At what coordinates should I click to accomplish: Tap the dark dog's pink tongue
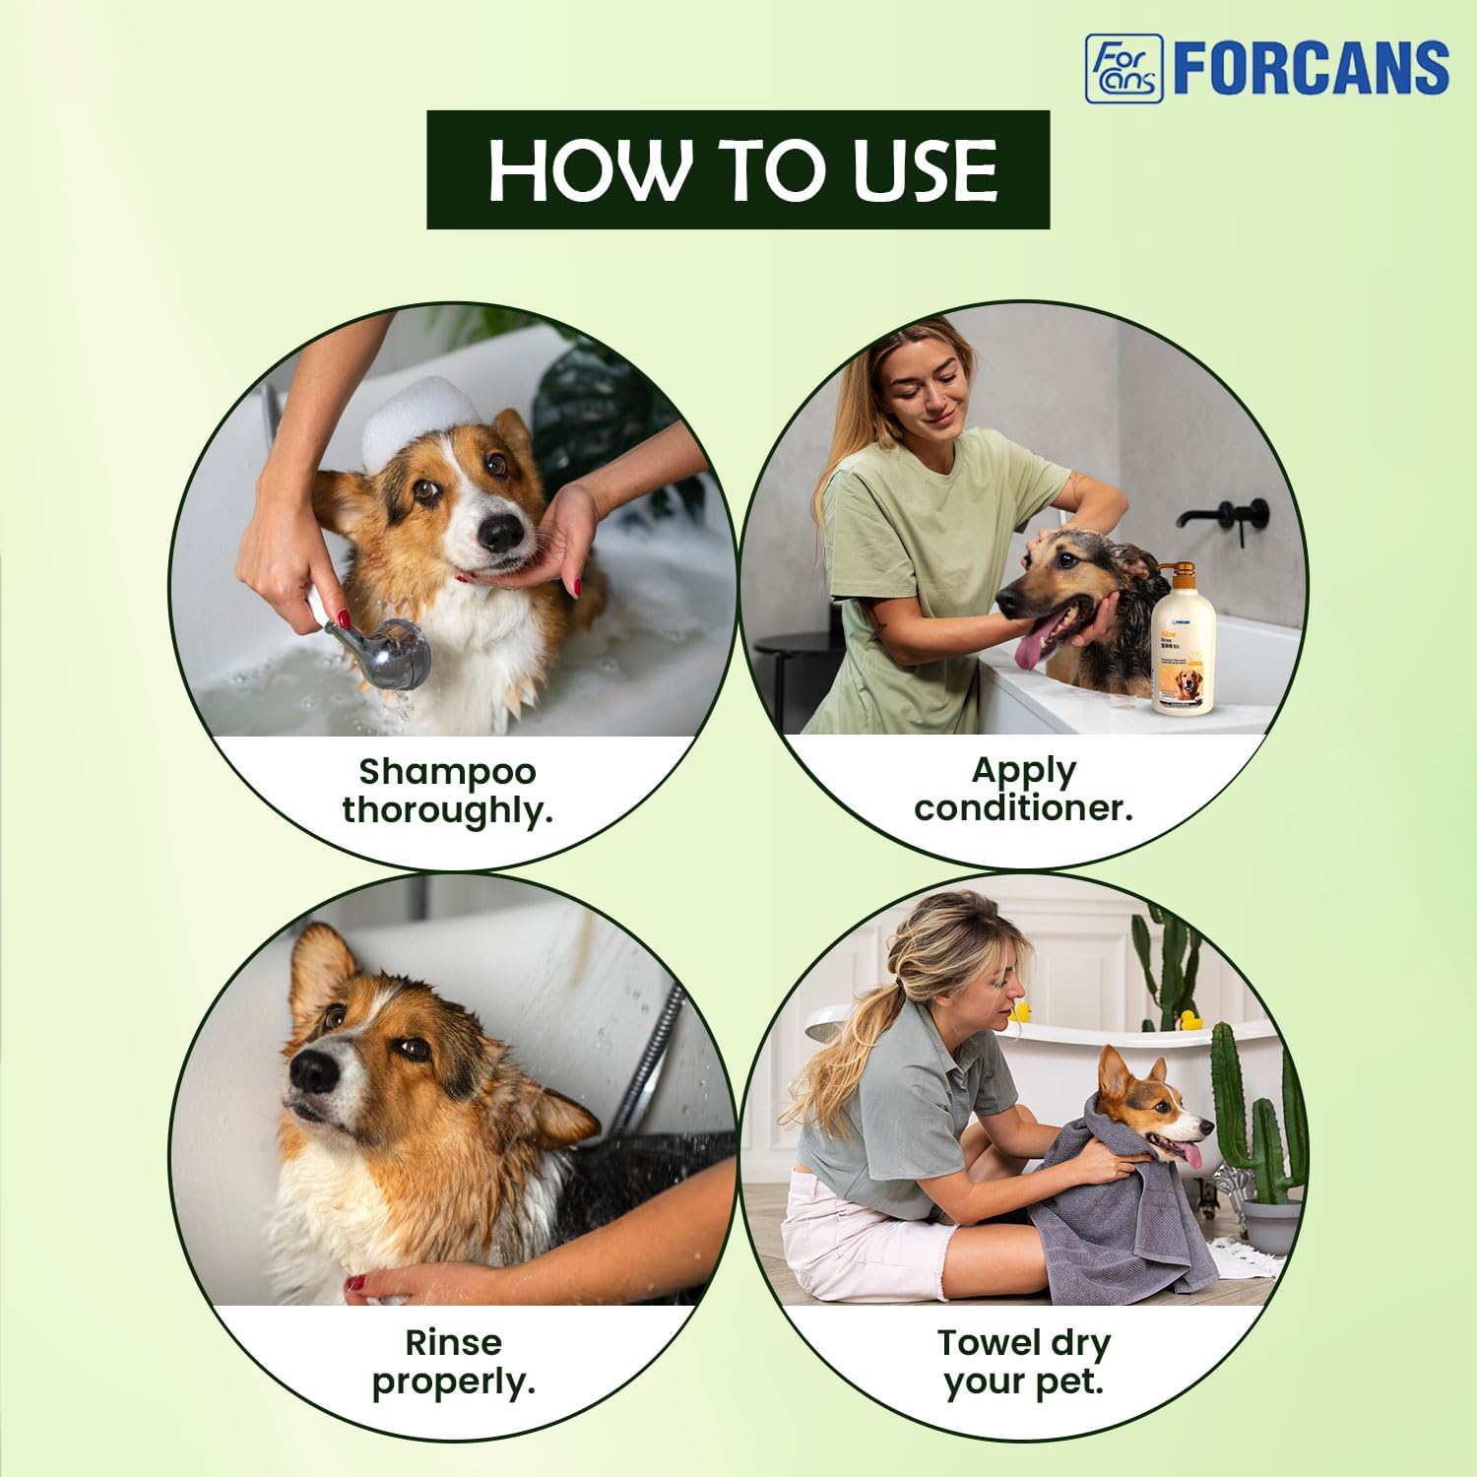(x=1030, y=651)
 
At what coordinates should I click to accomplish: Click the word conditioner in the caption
(x=1023, y=808)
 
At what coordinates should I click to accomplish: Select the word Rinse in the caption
(x=453, y=1341)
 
